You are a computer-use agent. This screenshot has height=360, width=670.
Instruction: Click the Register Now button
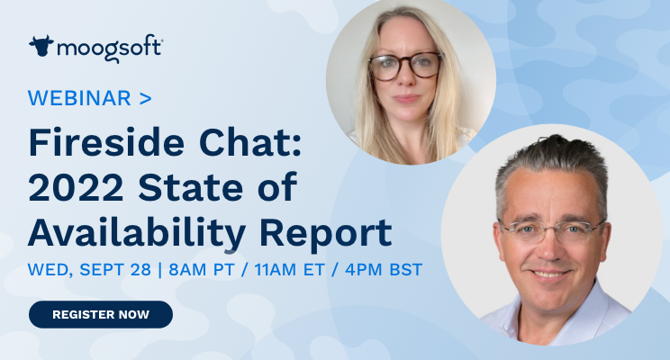tap(100, 314)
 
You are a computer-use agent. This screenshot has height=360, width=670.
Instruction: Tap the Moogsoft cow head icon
tap(41, 46)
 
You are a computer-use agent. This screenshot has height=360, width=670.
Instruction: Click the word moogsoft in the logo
tap(109, 47)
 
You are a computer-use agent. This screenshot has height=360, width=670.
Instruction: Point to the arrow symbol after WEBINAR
tap(146, 99)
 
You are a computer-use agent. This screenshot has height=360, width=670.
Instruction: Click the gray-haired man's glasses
tap(551, 230)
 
